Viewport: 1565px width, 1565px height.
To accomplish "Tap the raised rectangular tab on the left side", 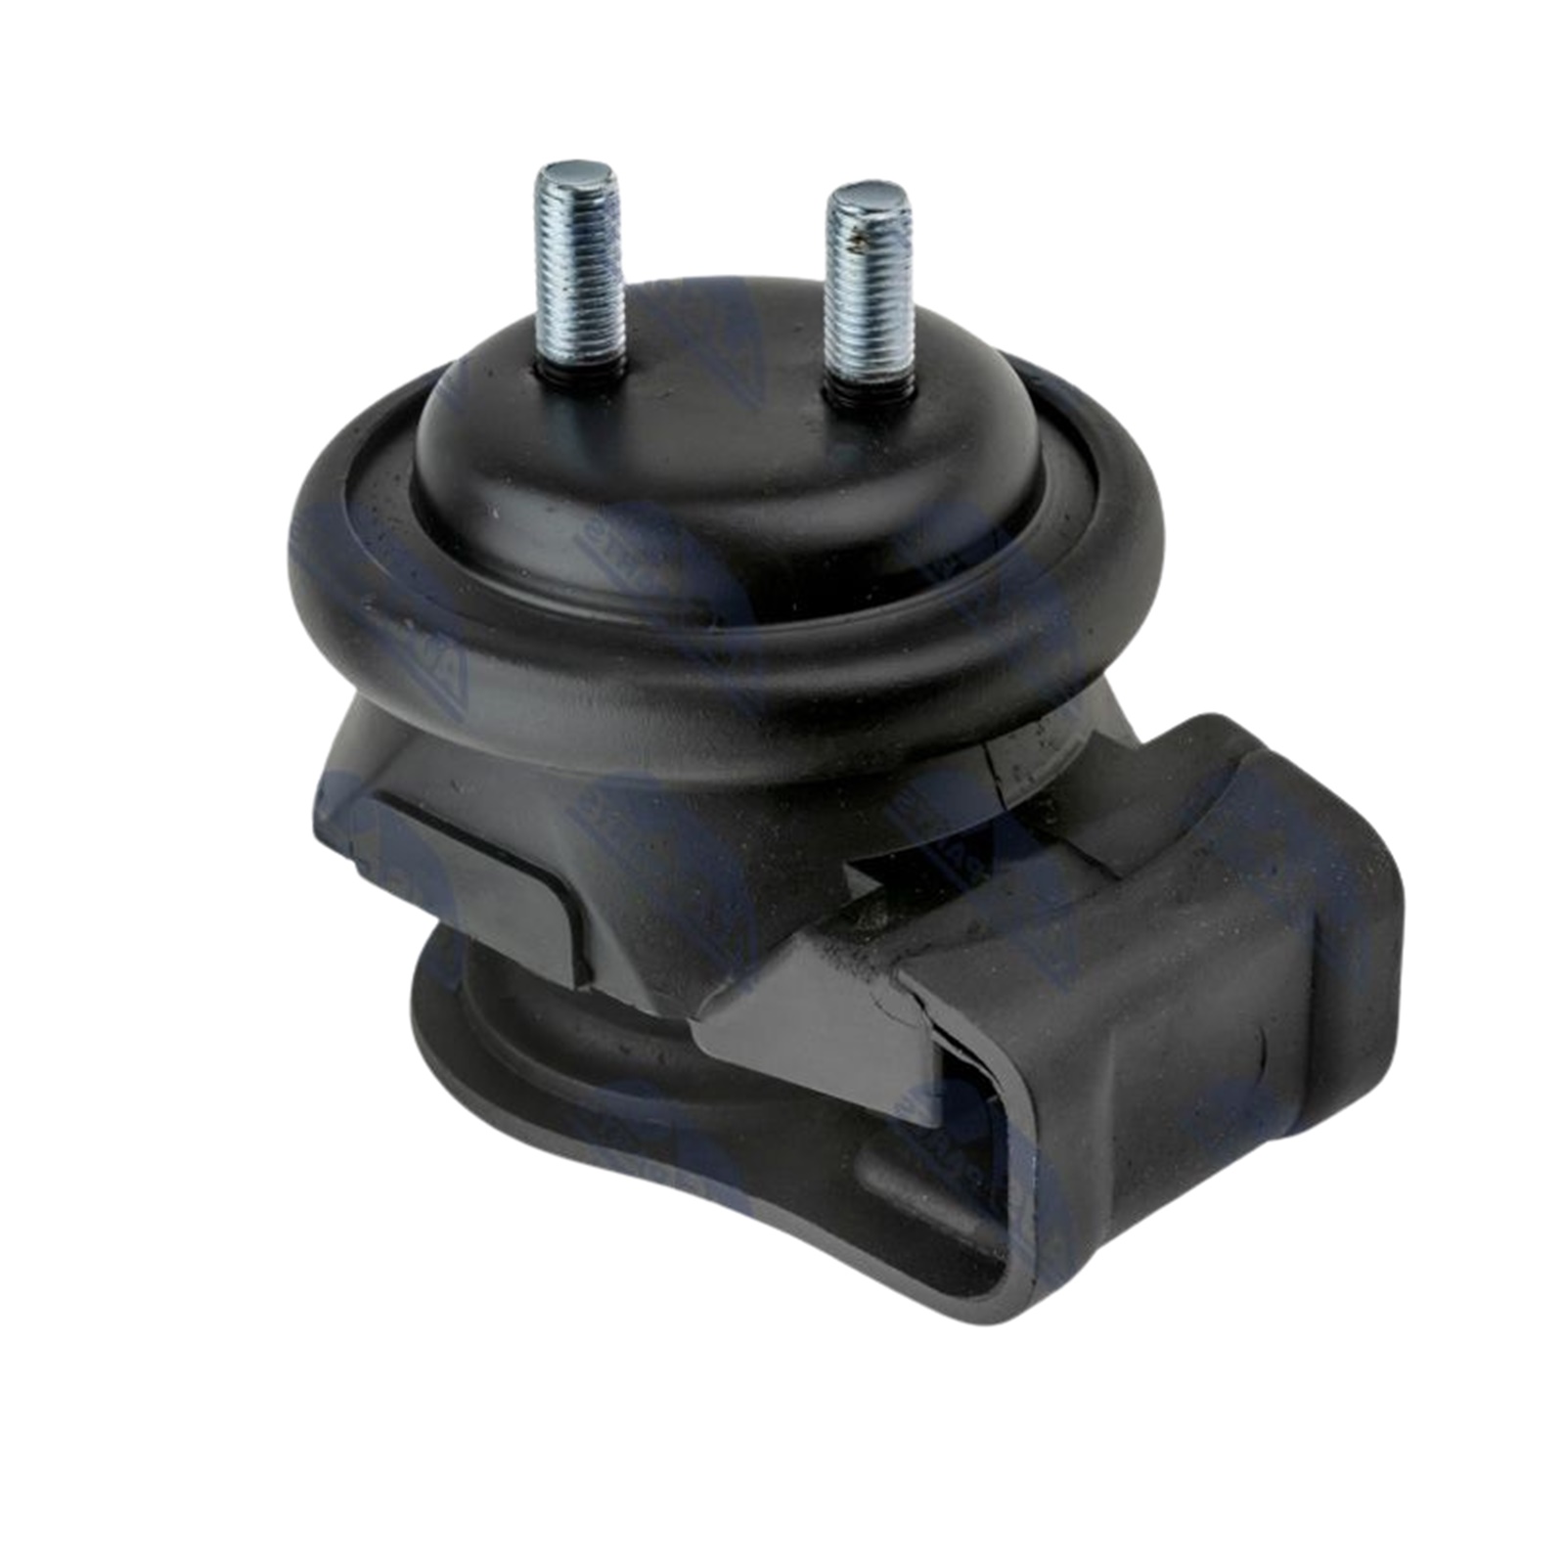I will [x=469, y=861].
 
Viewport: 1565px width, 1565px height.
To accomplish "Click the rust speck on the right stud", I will [x=859, y=235].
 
